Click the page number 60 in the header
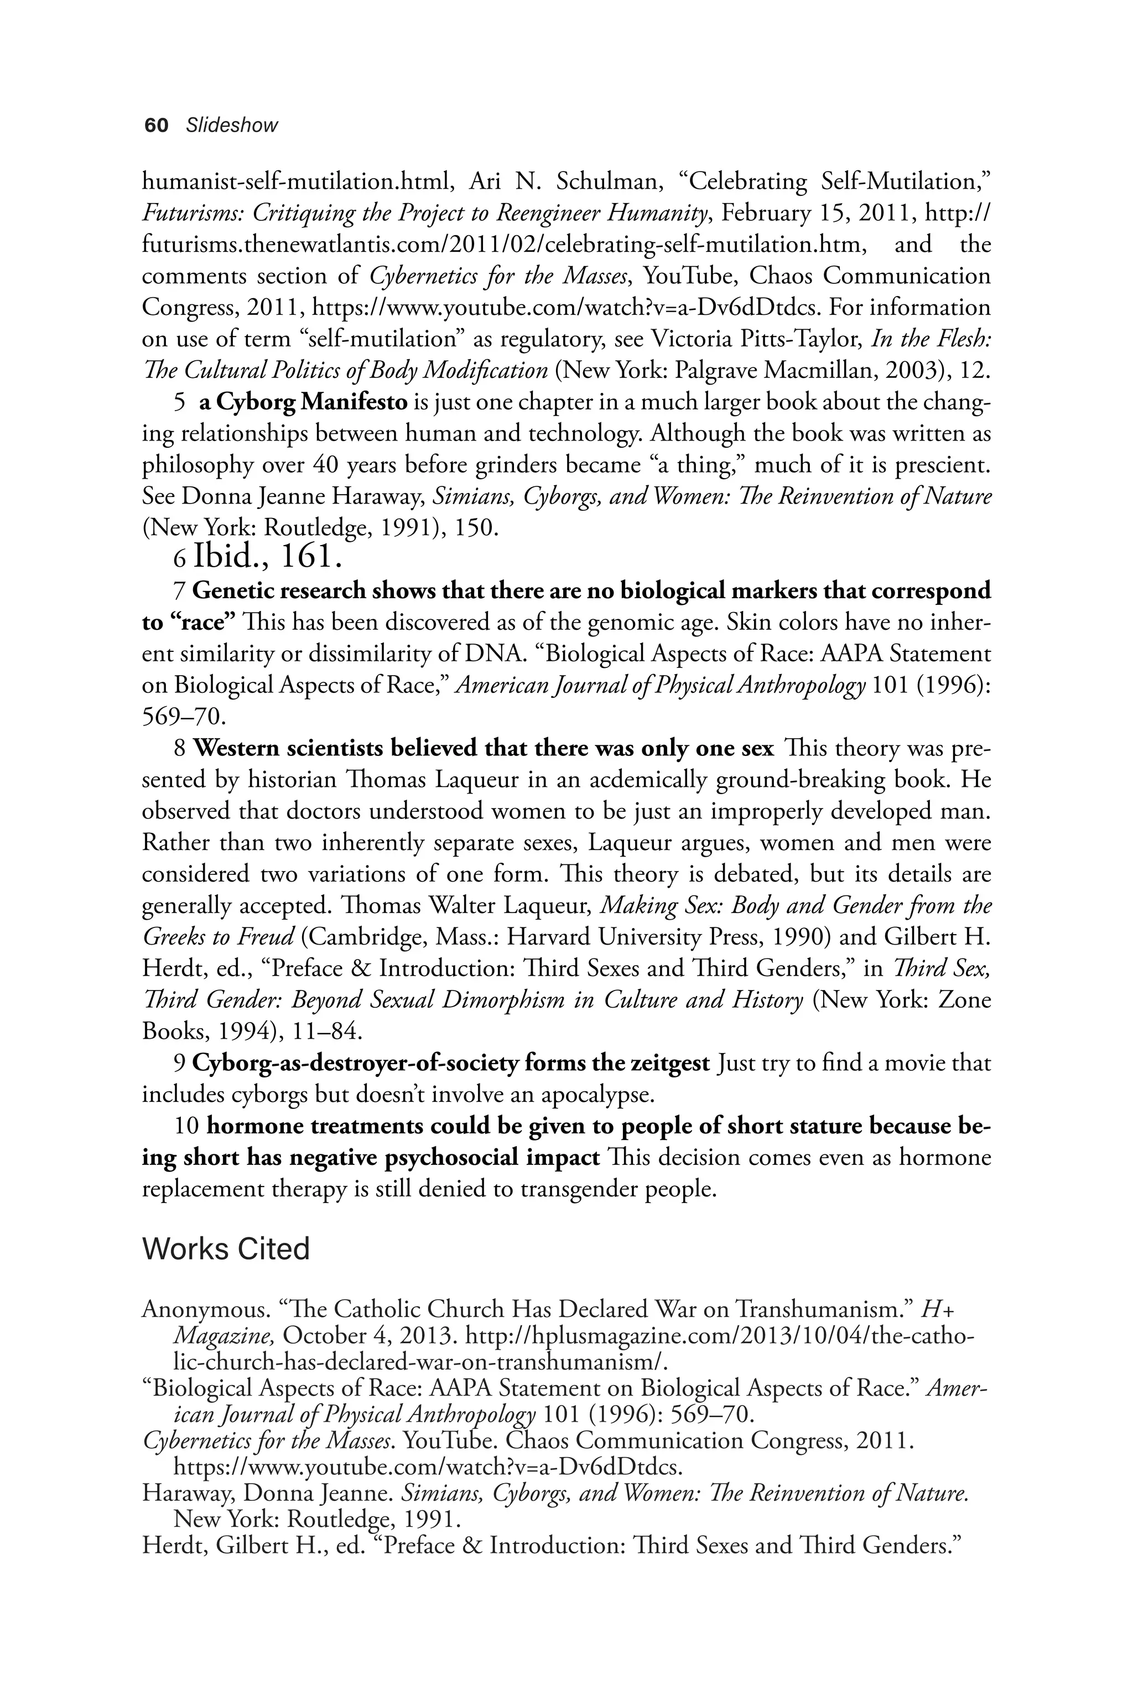point(156,126)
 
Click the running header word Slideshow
point(231,126)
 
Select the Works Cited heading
point(226,1249)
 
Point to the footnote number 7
point(180,591)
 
